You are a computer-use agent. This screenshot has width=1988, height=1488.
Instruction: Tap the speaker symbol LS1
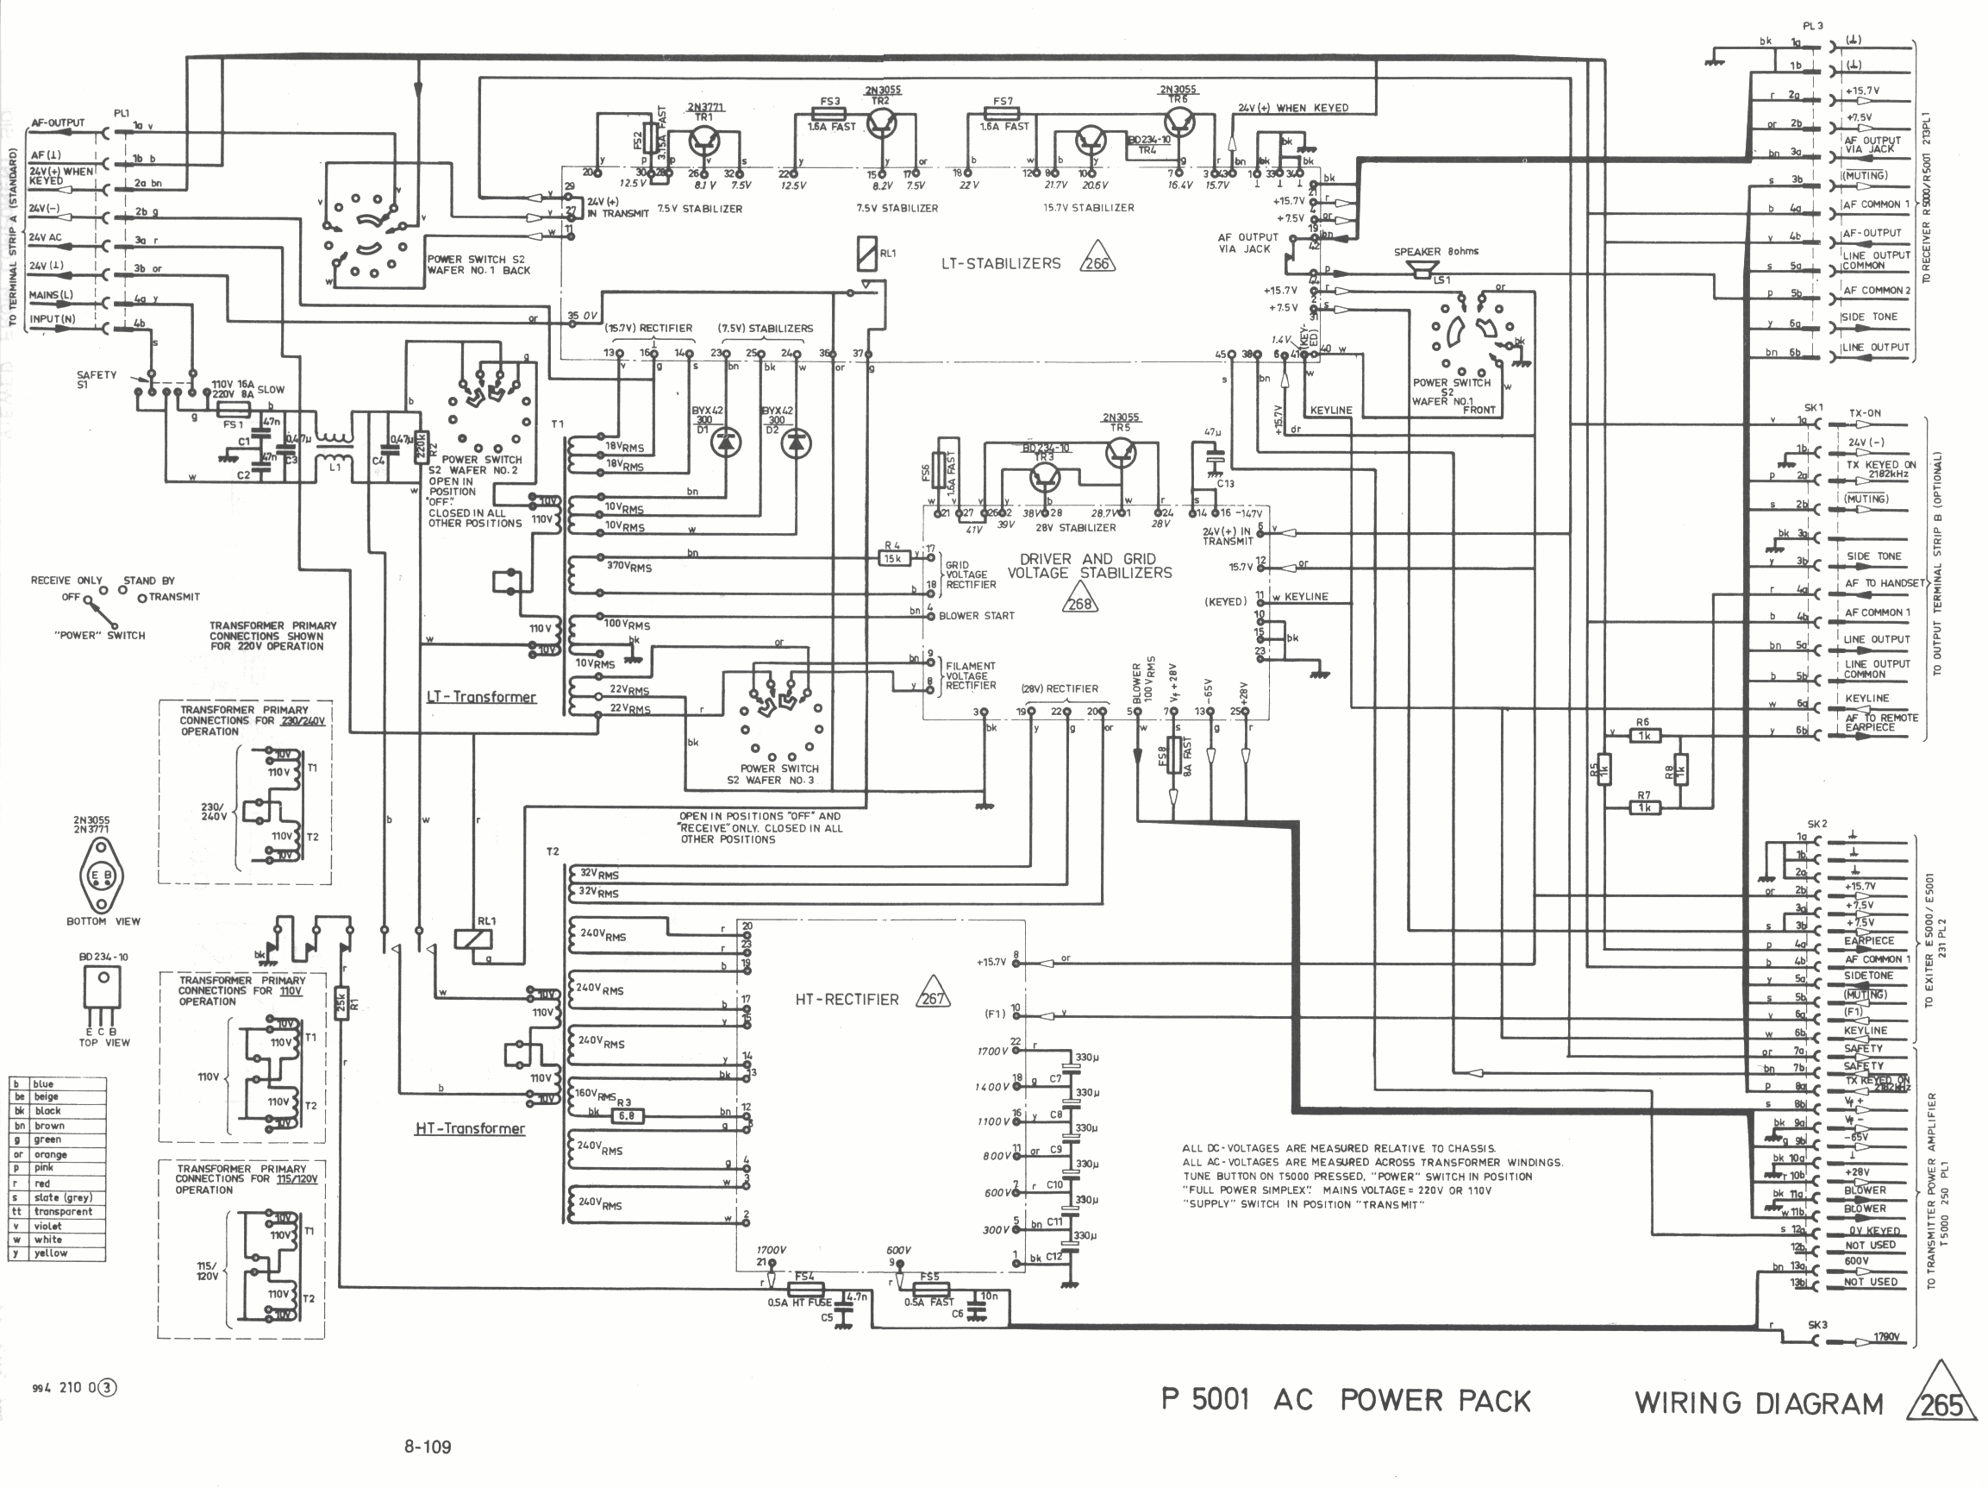(1421, 269)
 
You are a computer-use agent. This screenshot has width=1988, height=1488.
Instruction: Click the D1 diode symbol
(726, 443)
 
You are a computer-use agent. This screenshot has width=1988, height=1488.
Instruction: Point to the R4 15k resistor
(892, 558)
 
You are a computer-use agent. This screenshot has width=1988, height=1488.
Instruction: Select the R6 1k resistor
(1643, 736)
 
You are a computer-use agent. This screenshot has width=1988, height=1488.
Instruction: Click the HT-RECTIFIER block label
(847, 999)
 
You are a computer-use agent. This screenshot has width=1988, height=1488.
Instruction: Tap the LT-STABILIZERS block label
(1000, 263)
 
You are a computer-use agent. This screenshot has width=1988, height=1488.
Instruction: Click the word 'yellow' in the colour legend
(51, 1253)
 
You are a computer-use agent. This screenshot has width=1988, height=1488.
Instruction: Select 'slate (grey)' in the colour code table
(63, 1196)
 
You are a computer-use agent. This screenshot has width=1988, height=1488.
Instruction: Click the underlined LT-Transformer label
(481, 697)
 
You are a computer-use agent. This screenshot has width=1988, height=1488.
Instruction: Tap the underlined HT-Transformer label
(469, 1128)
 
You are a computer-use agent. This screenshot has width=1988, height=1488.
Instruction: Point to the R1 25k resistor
(341, 1001)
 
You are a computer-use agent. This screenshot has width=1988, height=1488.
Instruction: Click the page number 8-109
(427, 1447)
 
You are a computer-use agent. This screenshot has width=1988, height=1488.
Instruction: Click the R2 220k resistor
(419, 447)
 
